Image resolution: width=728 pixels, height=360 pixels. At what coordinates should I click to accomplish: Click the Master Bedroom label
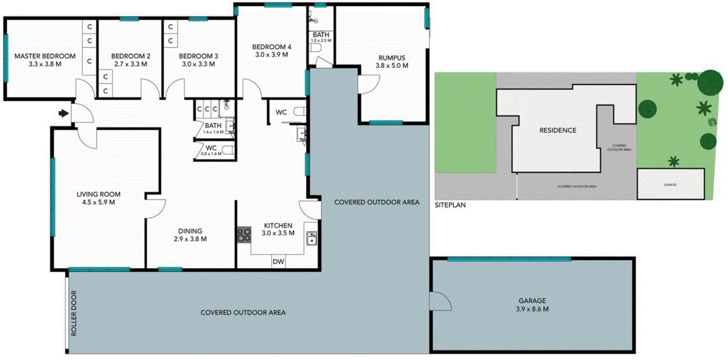pos(45,56)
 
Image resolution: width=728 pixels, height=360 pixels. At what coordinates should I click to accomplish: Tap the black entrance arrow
pos(63,113)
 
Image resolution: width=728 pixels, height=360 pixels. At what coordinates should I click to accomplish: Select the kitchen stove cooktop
pos(244,234)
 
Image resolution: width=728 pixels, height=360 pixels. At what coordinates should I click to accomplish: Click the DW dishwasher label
pos(278,262)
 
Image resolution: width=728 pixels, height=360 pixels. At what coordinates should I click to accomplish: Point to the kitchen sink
pos(311,239)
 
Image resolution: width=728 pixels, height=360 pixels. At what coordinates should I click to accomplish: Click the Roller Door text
pos(74,313)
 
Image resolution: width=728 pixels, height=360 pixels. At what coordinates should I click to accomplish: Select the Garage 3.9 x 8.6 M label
pos(532,305)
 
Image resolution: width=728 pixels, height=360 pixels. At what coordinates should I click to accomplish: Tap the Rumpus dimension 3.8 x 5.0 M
pos(392,66)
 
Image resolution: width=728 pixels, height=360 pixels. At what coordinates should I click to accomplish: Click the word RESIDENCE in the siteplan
pos(557,130)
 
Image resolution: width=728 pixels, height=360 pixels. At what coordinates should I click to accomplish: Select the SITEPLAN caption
pos(450,205)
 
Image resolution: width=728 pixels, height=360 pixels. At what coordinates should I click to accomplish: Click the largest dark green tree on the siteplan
pos(710,83)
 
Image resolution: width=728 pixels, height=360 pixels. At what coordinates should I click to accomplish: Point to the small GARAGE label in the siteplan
pos(670,185)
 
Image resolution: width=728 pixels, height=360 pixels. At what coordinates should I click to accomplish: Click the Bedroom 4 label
pos(271,47)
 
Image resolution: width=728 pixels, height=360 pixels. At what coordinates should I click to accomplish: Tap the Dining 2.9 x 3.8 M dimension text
pos(190,239)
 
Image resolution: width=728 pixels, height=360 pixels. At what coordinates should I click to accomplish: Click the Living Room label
pos(98,194)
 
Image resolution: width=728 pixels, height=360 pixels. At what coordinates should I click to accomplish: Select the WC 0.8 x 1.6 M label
pos(211,150)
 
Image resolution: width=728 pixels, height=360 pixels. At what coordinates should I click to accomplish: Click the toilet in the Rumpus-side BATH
pos(315,48)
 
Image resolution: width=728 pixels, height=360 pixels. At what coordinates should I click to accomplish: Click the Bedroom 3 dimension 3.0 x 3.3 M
pos(198,64)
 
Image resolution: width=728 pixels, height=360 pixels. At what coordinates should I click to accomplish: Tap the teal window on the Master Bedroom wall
pos(6,58)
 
